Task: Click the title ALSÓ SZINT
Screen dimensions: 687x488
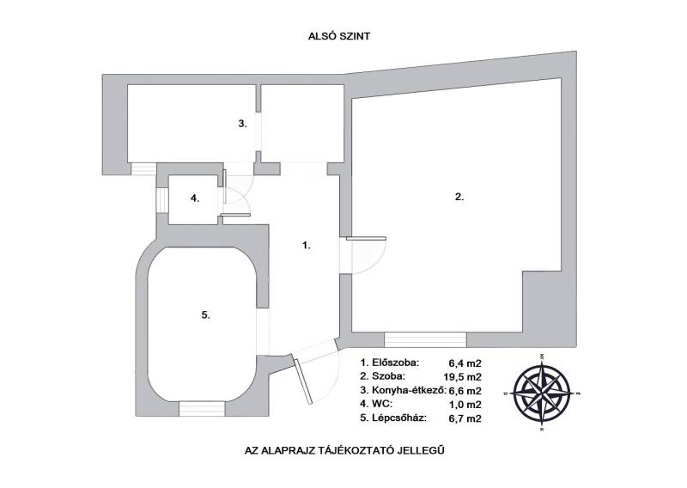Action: pyautogui.click(x=339, y=36)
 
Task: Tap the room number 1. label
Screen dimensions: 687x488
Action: pyautogui.click(x=307, y=246)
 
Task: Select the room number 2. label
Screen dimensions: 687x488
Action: pyautogui.click(x=459, y=197)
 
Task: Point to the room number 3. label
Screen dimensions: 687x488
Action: pyautogui.click(x=243, y=124)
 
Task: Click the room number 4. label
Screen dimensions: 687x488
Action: pyautogui.click(x=195, y=198)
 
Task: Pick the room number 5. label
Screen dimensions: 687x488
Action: pyautogui.click(x=206, y=314)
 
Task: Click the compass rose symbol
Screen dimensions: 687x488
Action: pyautogui.click(x=543, y=391)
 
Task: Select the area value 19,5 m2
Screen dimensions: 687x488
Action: pyautogui.click(x=463, y=377)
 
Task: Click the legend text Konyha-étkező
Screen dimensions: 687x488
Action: pyautogui.click(x=410, y=390)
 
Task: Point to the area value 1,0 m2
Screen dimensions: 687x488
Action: pyautogui.click(x=465, y=405)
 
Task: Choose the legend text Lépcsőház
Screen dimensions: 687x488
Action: pyautogui.click(x=399, y=418)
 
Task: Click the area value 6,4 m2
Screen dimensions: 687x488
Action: pyautogui.click(x=465, y=363)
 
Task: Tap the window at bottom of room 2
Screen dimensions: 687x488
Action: pyautogui.click(x=425, y=340)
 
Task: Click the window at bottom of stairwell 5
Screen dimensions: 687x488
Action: pyautogui.click(x=202, y=409)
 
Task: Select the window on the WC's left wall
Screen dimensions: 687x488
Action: pyautogui.click(x=162, y=200)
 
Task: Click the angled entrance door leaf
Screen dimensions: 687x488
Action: pyautogui.click(x=304, y=381)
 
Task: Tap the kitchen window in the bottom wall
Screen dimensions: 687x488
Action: pyautogui.click(x=143, y=168)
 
